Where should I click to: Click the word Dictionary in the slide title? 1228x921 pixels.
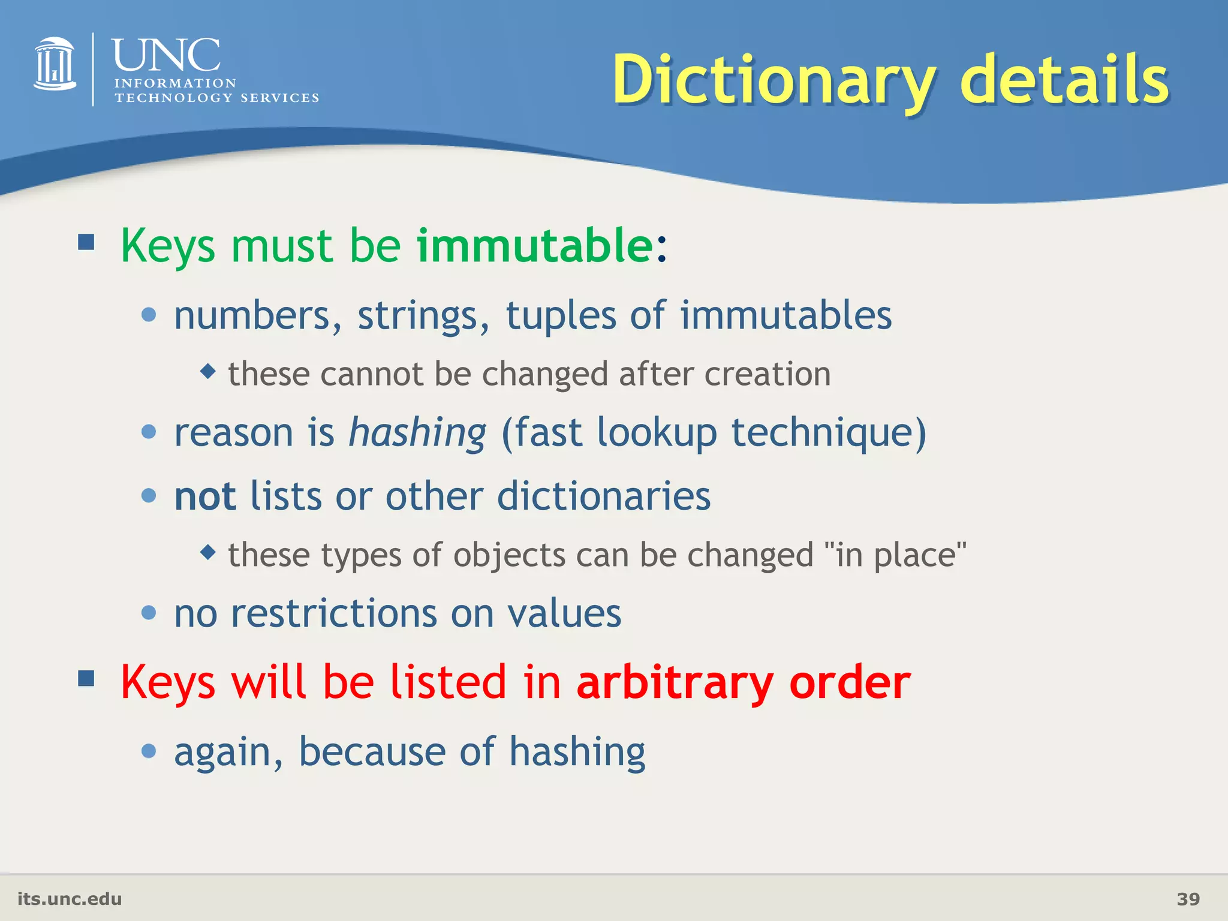click(773, 81)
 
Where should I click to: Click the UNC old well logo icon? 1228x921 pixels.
click(55, 64)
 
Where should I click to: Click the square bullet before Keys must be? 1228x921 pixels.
click(86, 242)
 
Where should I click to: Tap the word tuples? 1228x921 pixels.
click(561, 315)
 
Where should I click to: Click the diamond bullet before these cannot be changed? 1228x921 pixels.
click(208, 371)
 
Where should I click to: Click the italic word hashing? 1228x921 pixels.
click(417, 433)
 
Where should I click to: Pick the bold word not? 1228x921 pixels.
click(205, 496)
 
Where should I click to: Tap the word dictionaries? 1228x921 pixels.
click(604, 496)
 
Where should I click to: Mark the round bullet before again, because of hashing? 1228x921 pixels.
click(149, 751)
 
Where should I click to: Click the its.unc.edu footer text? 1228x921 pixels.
click(70, 899)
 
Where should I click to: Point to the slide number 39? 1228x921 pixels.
click(1188, 899)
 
